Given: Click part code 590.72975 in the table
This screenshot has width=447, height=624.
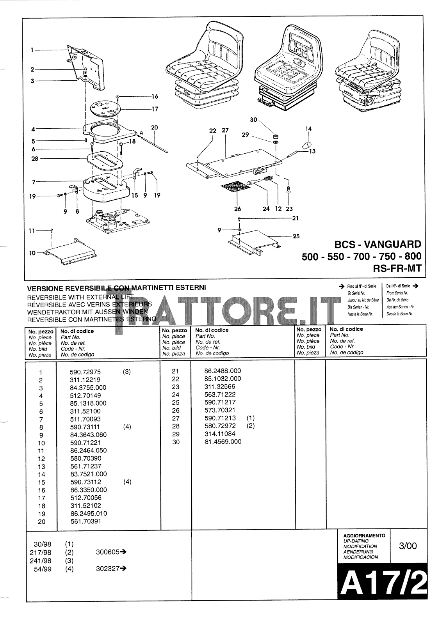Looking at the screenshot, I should coord(85,372).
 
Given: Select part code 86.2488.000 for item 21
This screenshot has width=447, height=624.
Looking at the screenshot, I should coord(223,371).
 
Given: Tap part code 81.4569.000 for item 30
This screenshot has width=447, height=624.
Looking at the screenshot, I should coord(223,441).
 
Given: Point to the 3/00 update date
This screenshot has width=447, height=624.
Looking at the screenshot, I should coord(408,546).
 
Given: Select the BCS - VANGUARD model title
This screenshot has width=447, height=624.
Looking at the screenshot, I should coord(378,245).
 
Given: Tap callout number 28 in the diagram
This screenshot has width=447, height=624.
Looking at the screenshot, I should coord(35,159).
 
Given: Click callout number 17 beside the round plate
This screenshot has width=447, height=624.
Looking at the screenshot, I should coord(155,109).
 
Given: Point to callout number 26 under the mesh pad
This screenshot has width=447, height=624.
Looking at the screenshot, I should coord(238,209).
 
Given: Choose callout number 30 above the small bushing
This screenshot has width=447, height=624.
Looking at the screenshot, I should coord(254,120).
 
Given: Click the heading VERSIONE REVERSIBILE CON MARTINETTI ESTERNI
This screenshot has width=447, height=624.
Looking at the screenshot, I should coord(116,288).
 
